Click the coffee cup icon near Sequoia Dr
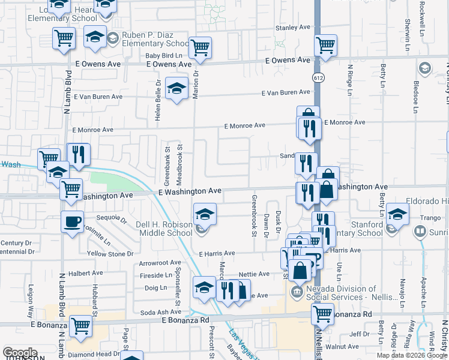click(x=72, y=222)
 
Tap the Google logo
click(x=20, y=353)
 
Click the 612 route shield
click(x=317, y=77)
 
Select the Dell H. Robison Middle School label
click(x=164, y=229)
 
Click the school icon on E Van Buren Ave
click(x=176, y=89)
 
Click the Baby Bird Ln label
click(x=164, y=56)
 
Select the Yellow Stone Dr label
click(x=110, y=254)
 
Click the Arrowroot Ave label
click(x=160, y=263)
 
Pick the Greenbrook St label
click(x=255, y=215)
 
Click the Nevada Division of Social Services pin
click(x=297, y=292)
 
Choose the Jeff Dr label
click(x=360, y=334)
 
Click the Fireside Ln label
click(x=156, y=275)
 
